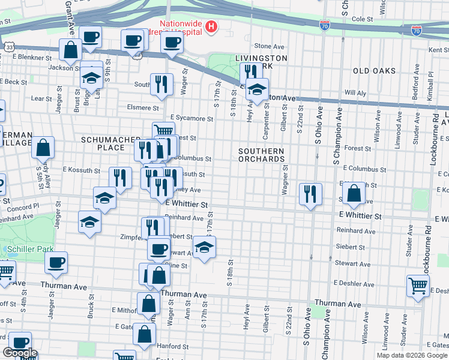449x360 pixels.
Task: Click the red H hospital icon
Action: [211, 26]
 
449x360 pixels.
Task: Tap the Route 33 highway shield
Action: [9, 46]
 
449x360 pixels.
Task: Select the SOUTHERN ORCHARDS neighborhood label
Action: [261, 155]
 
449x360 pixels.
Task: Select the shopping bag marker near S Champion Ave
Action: [355, 193]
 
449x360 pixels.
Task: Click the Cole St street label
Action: [362, 19]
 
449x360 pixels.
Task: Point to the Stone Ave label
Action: [268, 46]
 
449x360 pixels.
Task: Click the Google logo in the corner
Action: [20, 353]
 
